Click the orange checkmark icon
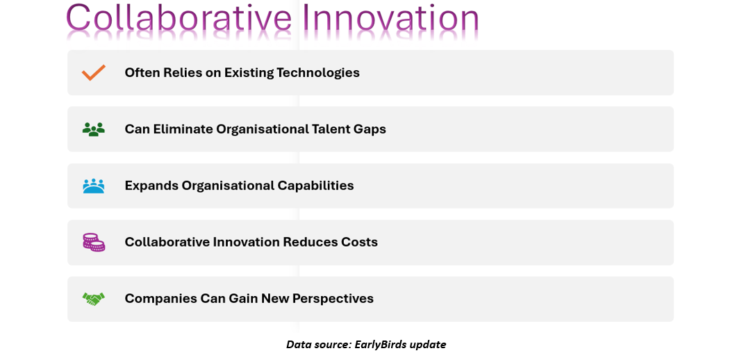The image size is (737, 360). click(x=94, y=73)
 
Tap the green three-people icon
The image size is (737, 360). click(x=94, y=129)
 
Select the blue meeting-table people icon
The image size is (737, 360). click(x=94, y=186)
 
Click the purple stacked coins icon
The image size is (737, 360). click(x=94, y=243)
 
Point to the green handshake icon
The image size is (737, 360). click(x=94, y=299)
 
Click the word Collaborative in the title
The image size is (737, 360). click(x=179, y=19)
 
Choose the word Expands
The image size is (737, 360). click(x=151, y=186)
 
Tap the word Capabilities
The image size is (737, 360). click(x=316, y=186)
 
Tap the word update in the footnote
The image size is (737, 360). click(x=428, y=345)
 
